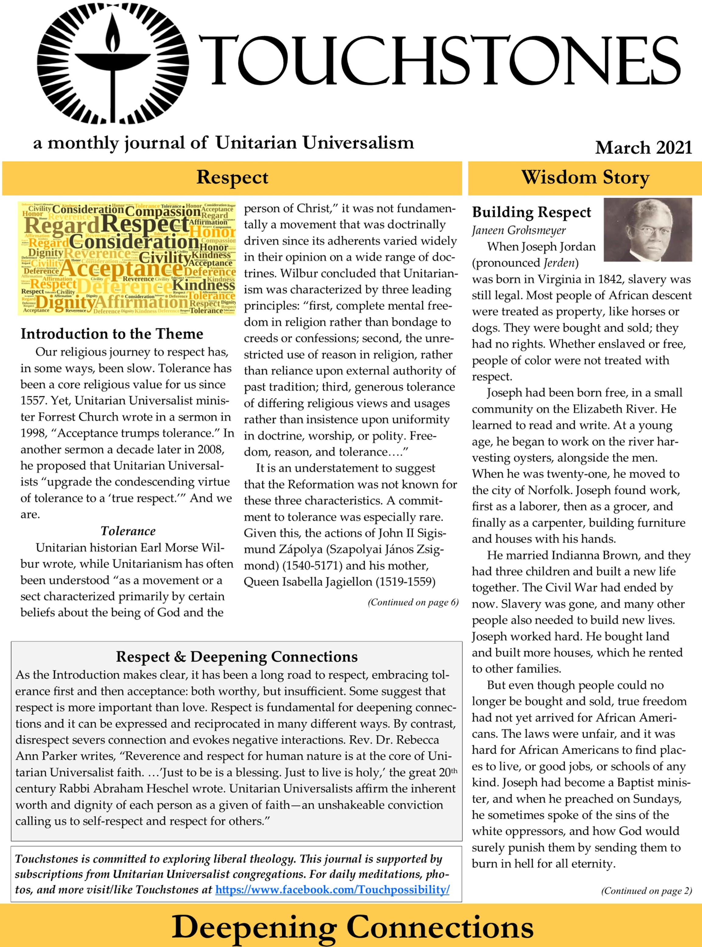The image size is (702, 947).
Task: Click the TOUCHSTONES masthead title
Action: click(440, 60)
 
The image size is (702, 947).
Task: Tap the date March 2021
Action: click(643, 148)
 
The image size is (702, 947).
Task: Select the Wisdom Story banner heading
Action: click(585, 178)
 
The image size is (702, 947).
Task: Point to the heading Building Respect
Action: click(531, 212)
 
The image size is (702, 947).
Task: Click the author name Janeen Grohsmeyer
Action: click(519, 230)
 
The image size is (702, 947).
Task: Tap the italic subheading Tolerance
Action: click(128, 531)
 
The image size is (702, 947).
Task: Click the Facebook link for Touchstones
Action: click(332, 889)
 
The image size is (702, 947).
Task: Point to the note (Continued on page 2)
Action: click(646, 890)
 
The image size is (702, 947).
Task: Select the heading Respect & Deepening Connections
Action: click(237, 657)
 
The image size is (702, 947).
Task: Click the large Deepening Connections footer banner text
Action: click(352, 927)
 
